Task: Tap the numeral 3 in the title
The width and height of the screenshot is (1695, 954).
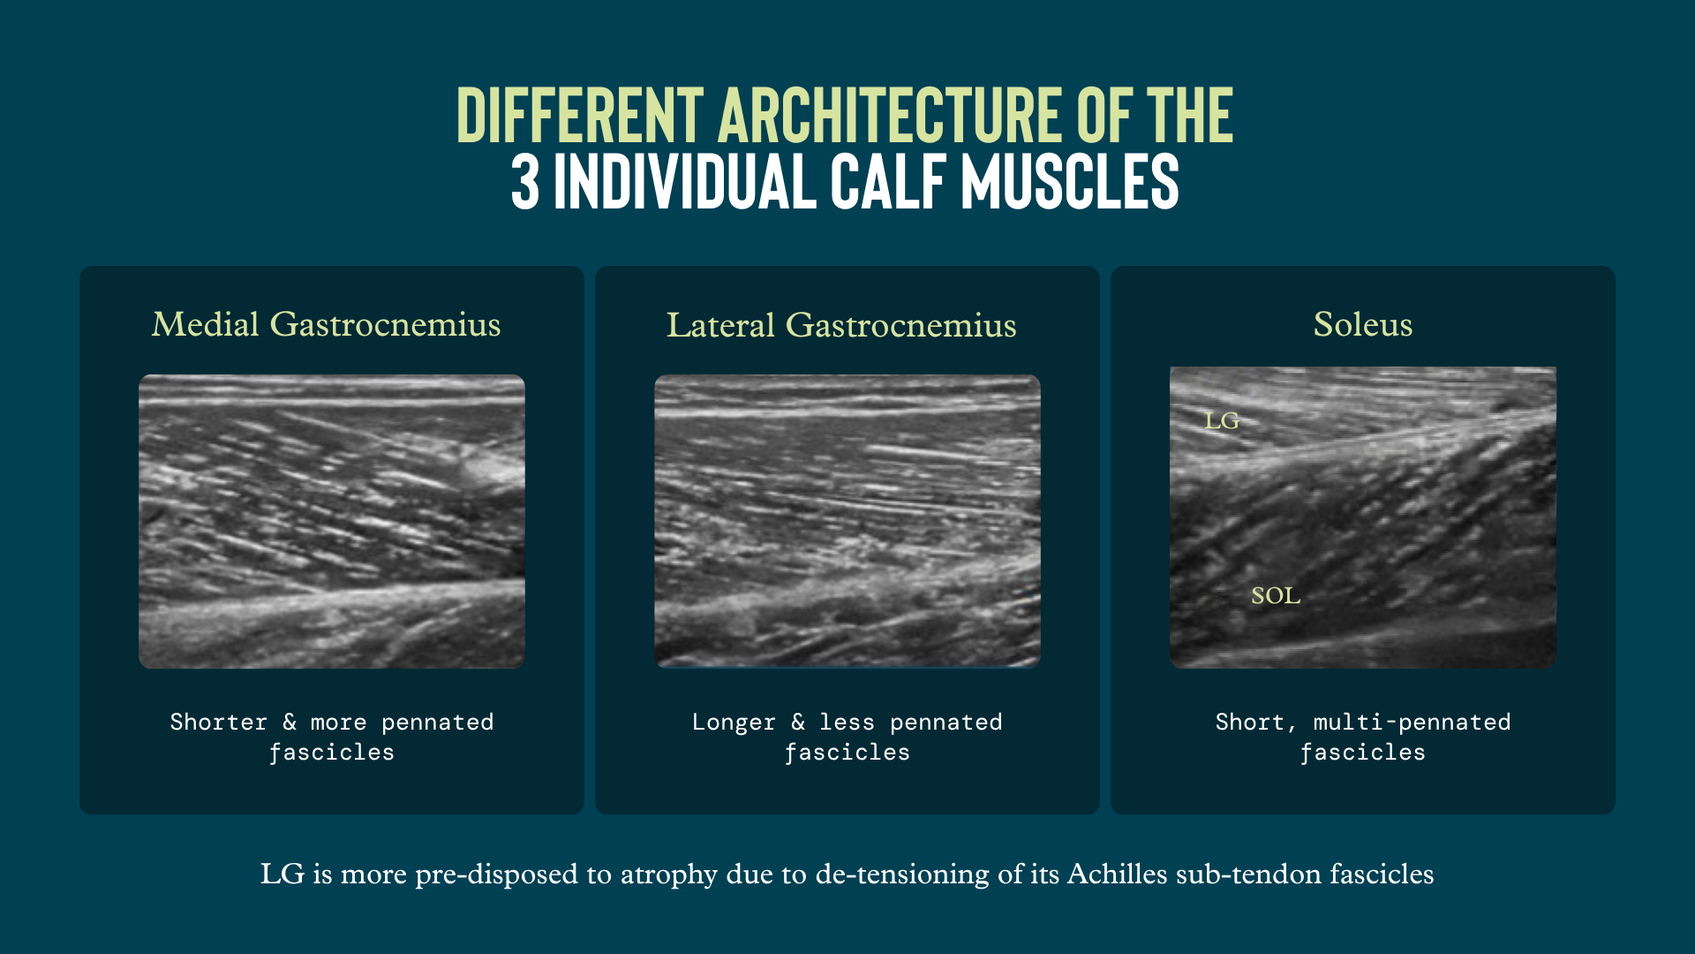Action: (x=525, y=182)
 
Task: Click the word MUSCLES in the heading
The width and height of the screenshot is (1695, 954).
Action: (x=1070, y=182)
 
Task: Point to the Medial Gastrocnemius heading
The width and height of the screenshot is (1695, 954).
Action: (x=327, y=324)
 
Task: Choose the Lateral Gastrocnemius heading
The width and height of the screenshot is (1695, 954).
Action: (x=841, y=325)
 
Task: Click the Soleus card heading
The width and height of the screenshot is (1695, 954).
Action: (x=1363, y=324)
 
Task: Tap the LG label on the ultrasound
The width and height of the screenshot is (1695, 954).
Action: (x=1222, y=421)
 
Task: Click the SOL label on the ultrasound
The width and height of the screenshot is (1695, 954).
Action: (x=1276, y=596)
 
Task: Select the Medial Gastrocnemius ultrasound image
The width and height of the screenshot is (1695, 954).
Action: (x=332, y=521)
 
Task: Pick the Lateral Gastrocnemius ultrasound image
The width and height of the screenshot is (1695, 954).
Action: (x=847, y=521)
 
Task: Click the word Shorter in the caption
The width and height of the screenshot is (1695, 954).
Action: (x=219, y=723)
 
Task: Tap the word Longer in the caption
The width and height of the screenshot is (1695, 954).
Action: (x=734, y=723)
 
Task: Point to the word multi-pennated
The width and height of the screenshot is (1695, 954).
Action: (x=1412, y=723)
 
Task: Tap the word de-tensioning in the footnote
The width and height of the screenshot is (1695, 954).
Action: (x=902, y=874)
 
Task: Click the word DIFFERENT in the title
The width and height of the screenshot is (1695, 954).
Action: (x=580, y=115)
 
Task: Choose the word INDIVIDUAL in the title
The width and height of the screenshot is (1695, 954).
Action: (x=685, y=182)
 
